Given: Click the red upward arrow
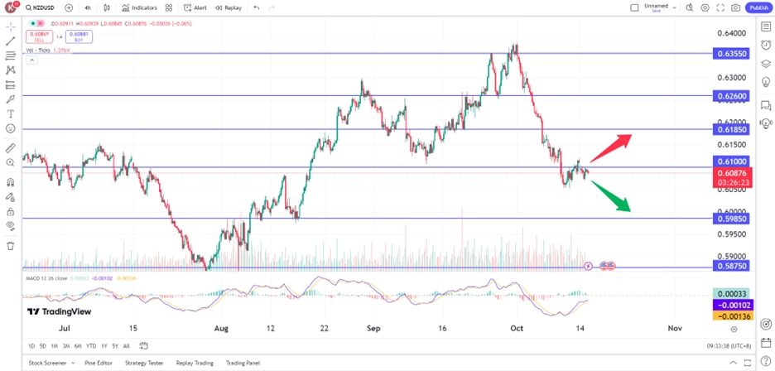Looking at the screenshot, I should click(613, 146).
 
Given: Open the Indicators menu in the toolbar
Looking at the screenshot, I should click(139, 7).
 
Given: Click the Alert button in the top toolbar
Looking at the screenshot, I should click(195, 7).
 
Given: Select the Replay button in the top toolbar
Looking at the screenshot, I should click(229, 7).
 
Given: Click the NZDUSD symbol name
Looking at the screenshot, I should click(43, 7).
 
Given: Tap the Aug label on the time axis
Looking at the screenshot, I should click(221, 328).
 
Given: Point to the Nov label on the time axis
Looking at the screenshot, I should click(675, 328).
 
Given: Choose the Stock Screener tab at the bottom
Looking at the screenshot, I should click(47, 363).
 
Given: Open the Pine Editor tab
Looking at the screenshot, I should click(99, 363).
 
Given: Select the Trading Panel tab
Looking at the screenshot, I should click(243, 363).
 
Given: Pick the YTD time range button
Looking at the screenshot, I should click(91, 345).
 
